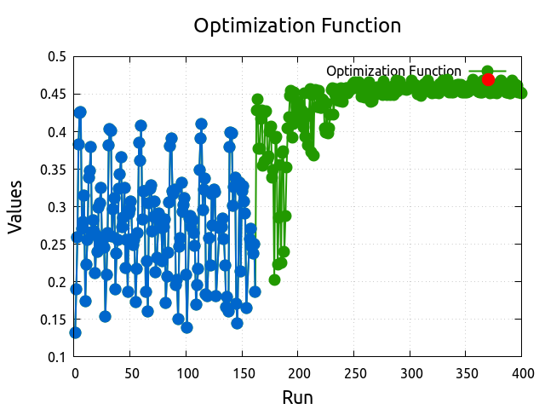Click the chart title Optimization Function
tap(297, 26)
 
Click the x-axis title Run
tap(297, 396)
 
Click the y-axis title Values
tap(15, 207)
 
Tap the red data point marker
tap(488, 79)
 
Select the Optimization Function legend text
tap(393, 71)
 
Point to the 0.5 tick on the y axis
tap(57, 57)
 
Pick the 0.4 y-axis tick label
tap(57, 132)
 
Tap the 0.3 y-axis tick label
tap(57, 207)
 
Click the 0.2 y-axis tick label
tap(57, 282)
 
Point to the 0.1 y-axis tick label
tap(57, 357)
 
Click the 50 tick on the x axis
tap(130, 372)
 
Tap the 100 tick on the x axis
tap(186, 372)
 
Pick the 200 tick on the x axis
tap(298, 372)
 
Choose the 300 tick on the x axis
tap(410, 372)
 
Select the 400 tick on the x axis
tap(522, 372)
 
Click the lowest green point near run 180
tap(275, 279)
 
